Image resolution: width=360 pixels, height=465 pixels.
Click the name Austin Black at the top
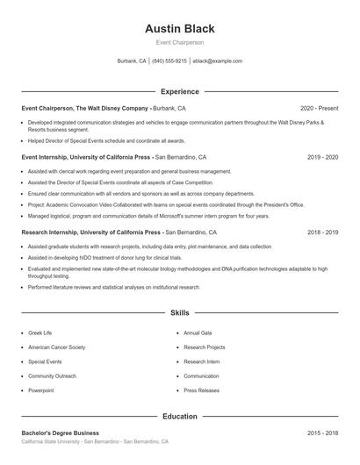pyautogui.click(x=179, y=29)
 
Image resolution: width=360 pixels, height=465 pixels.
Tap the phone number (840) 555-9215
pyautogui.click(x=169, y=61)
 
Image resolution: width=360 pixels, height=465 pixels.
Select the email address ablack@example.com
pyautogui.click(x=217, y=61)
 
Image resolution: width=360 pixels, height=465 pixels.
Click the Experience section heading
pyautogui.click(x=179, y=91)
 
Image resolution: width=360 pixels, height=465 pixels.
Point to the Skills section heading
pyautogui.click(x=179, y=312)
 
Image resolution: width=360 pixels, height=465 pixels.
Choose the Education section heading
pyautogui.click(x=179, y=416)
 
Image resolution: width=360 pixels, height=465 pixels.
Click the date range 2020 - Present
pyautogui.click(x=319, y=108)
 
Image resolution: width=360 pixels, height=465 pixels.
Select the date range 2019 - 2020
pyautogui.click(x=323, y=157)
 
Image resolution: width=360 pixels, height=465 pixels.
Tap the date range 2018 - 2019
pyautogui.click(x=323, y=232)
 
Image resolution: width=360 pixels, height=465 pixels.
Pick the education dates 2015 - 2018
pyautogui.click(x=323, y=433)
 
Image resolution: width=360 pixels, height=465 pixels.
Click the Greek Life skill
pyautogui.click(x=40, y=333)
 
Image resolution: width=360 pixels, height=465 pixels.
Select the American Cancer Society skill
pyautogui.click(x=56, y=347)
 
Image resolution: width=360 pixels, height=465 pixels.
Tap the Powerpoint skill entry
pyautogui.click(x=41, y=390)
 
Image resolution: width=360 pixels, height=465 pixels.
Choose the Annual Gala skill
pyautogui.click(x=198, y=333)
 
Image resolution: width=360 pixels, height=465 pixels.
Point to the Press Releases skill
pyautogui.click(x=202, y=390)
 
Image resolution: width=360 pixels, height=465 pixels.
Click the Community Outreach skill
pyautogui.click(x=52, y=376)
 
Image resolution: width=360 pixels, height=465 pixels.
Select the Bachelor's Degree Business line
pyautogui.click(x=61, y=433)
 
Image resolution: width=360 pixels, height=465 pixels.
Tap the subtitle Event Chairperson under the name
pyautogui.click(x=179, y=43)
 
